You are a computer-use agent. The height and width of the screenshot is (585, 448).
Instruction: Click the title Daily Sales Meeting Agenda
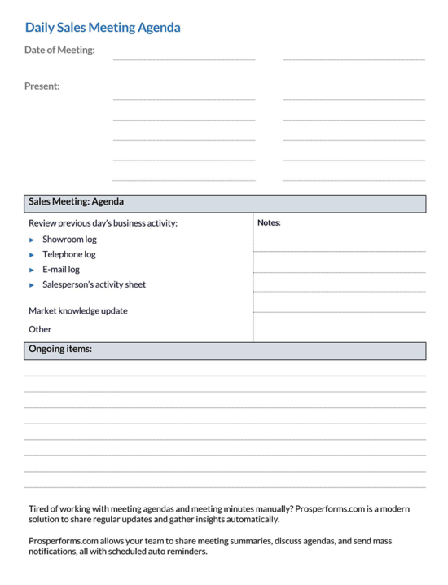click(x=103, y=28)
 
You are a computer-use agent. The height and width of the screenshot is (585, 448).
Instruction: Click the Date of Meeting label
click(x=59, y=51)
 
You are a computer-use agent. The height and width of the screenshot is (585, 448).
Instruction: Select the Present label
click(x=42, y=86)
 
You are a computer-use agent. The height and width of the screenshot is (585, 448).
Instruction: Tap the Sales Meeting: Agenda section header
click(x=76, y=201)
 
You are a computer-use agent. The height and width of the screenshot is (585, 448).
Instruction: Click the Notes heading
click(x=269, y=222)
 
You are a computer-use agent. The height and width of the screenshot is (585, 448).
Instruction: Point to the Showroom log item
click(x=69, y=240)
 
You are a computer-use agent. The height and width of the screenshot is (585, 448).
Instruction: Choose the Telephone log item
click(x=68, y=254)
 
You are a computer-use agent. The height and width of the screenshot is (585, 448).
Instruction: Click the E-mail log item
click(x=61, y=269)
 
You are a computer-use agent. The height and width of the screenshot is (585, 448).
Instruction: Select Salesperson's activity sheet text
click(x=94, y=284)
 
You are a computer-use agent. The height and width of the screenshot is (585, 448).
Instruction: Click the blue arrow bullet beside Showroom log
click(x=32, y=240)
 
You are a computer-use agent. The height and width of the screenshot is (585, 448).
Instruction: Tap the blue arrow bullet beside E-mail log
click(x=32, y=270)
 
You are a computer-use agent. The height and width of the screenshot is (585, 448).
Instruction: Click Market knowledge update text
click(x=77, y=310)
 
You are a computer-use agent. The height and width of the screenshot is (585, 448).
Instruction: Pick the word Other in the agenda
click(x=40, y=329)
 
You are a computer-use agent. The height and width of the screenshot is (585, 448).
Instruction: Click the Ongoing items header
click(x=60, y=349)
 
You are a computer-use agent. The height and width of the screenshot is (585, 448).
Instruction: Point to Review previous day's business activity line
click(x=103, y=222)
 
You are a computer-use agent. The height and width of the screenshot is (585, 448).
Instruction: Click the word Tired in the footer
click(x=39, y=508)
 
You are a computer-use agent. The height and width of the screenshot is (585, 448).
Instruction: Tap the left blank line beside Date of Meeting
click(x=183, y=58)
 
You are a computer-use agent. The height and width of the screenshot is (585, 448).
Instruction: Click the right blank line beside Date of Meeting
click(x=354, y=58)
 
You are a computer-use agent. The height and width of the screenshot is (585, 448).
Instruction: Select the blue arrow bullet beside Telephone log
click(x=32, y=255)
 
